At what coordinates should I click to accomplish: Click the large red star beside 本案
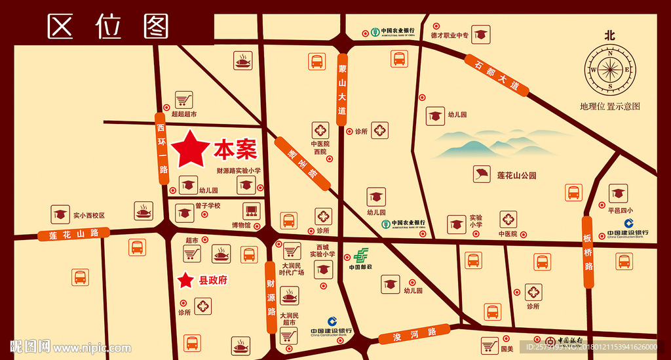190,149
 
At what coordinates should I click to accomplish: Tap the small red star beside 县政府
186,280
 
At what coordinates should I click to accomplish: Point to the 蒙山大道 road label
342,89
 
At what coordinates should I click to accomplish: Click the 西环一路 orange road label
162,146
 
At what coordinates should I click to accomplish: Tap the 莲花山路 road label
73,233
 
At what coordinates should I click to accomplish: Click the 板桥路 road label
588,250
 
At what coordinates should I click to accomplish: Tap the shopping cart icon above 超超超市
184,99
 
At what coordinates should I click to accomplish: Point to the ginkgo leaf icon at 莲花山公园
482,174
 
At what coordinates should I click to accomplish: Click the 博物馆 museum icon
250,211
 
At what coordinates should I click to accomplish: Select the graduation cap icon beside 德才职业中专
482,34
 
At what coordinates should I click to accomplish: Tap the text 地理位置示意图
609,106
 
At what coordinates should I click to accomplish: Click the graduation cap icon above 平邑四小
618,193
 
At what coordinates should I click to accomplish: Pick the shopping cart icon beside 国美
489,345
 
